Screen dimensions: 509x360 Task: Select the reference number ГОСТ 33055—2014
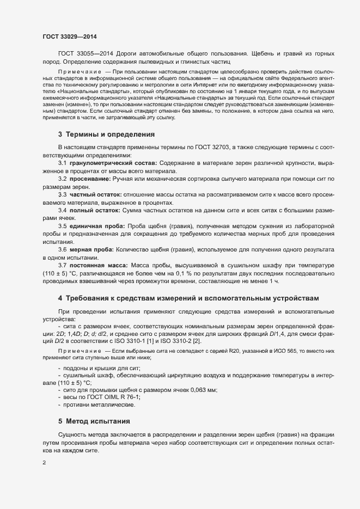(82, 53)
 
